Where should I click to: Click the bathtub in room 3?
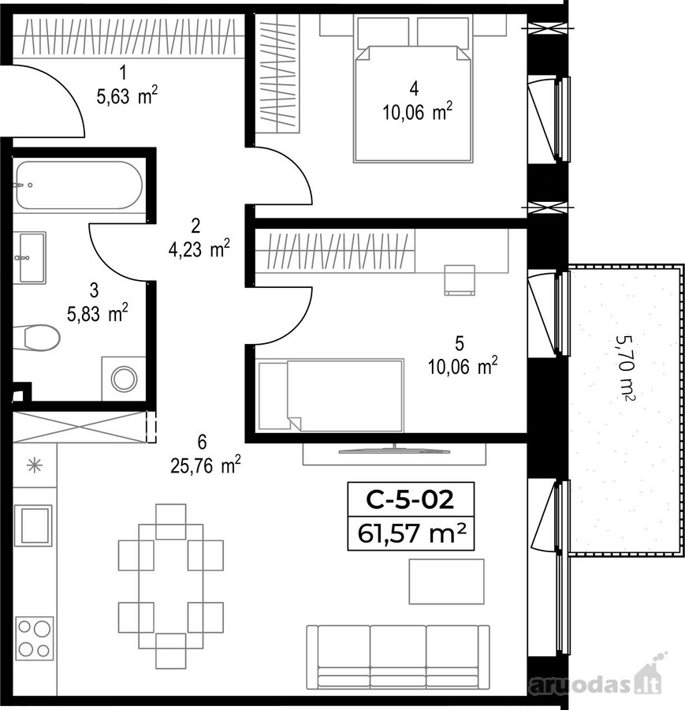coord(79,185)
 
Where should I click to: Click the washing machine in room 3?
coord(124,379)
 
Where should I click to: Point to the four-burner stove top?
coord(35,637)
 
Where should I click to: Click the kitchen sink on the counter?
coord(33,525)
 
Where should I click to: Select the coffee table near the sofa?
coord(447,581)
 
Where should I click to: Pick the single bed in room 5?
coord(331,395)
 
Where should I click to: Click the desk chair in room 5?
coord(460,280)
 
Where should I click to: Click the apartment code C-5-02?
coord(410,500)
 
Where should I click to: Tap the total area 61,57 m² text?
coord(411,533)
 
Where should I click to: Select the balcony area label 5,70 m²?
coord(626,368)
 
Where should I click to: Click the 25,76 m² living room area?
coord(206,465)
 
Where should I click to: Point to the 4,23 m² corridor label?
coord(199,248)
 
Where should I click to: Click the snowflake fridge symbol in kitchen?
coord(35,465)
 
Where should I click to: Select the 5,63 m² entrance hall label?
coord(127,95)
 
